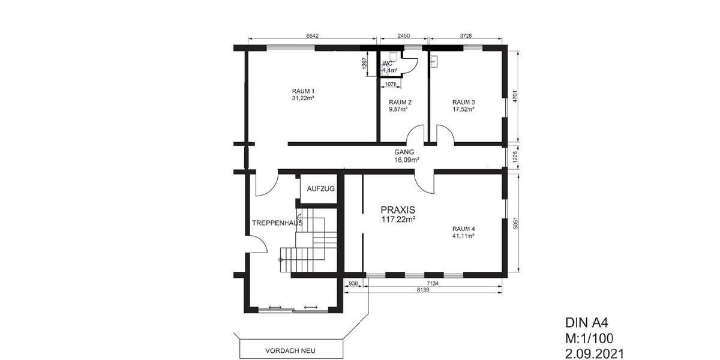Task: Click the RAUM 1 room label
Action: click(303, 91)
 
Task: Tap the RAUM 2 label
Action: click(400, 103)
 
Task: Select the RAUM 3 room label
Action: click(463, 103)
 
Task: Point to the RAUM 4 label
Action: click(463, 229)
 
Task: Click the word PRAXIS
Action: click(398, 210)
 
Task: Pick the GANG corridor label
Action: click(404, 152)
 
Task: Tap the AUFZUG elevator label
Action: click(321, 188)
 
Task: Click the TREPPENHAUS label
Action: click(277, 223)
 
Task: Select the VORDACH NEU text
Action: click(290, 350)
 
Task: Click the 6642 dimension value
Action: click(312, 36)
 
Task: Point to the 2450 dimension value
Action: click(404, 36)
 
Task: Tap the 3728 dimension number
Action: click(466, 36)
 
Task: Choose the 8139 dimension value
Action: click(423, 290)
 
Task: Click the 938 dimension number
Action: click(353, 283)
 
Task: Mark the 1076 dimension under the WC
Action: click(391, 84)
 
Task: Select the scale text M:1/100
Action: click(589, 339)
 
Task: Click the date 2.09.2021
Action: click(595, 354)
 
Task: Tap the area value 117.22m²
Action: click(398, 220)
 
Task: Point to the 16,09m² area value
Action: click(406, 160)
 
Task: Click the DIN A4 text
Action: click(587, 323)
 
